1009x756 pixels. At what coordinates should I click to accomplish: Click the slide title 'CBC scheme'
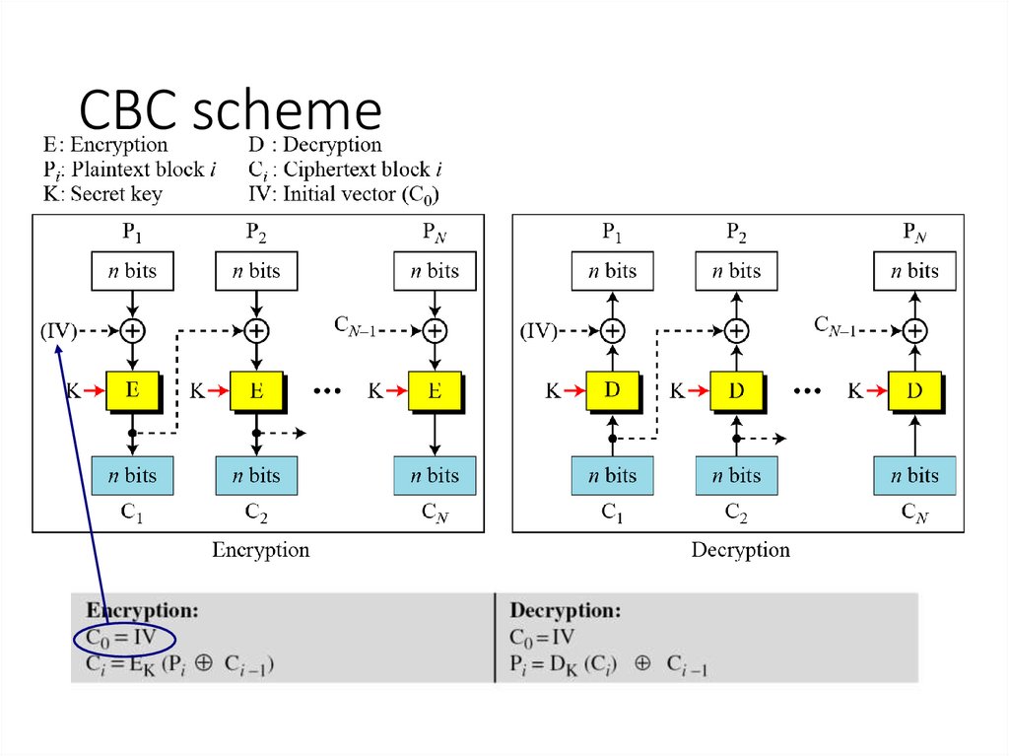230,110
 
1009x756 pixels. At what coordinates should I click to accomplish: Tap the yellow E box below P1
131,390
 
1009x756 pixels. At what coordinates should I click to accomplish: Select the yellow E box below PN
435,390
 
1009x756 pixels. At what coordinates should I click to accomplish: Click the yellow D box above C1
612,390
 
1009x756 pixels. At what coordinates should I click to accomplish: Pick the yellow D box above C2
736,390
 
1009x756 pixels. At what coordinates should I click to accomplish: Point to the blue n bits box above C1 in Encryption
131,475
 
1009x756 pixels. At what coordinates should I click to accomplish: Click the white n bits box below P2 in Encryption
255,271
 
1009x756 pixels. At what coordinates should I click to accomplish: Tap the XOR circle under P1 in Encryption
132,330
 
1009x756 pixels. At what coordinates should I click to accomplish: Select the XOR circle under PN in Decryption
915,330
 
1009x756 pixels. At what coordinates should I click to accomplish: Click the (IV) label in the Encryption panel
58,331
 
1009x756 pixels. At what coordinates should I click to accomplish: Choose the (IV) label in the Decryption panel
538,331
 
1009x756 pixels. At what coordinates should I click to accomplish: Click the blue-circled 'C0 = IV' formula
124,638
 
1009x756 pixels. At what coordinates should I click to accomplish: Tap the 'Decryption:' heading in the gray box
565,610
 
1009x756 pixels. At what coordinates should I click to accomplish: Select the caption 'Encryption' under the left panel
260,550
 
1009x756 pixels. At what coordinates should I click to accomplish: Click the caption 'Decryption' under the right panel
740,550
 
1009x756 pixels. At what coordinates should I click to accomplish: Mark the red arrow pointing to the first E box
95,391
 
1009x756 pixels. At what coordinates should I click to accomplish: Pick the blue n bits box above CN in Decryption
914,475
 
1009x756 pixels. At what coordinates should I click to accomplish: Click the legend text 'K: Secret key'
102,193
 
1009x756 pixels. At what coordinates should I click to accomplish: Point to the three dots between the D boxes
807,391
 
